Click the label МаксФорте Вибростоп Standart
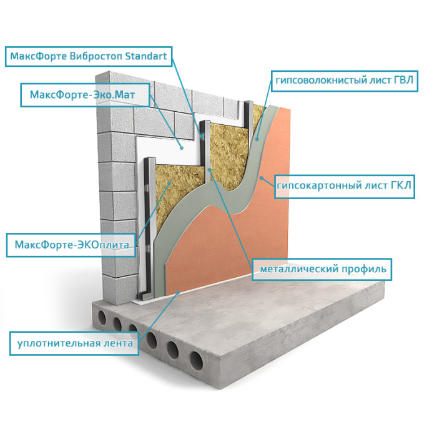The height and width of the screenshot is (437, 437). click(87, 56)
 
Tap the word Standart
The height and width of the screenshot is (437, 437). click(146, 56)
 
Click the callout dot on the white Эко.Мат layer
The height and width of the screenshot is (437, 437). click(182, 148)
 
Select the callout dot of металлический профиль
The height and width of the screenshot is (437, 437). click(210, 169)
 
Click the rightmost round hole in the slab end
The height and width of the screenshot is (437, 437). click(195, 359)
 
